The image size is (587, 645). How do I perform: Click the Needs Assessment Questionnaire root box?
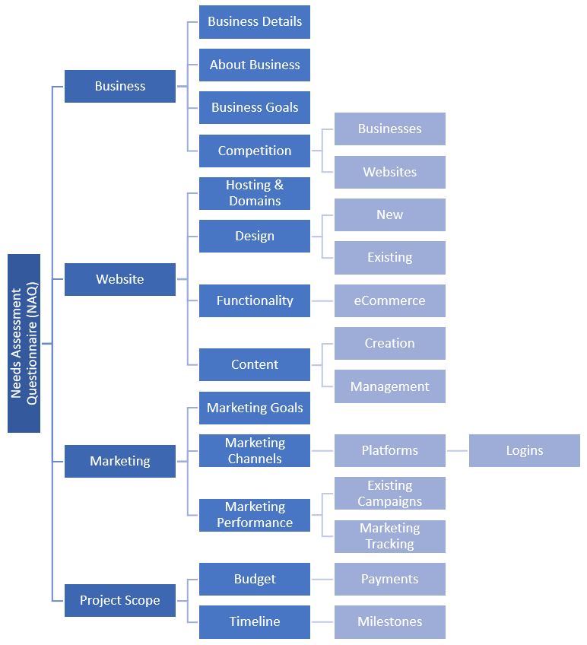click(24, 343)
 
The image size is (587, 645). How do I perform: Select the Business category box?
click(120, 86)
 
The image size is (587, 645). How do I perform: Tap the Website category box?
click(120, 279)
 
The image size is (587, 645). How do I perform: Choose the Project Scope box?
click(120, 600)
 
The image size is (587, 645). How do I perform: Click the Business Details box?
click(255, 22)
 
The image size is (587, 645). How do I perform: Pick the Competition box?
click(255, 151)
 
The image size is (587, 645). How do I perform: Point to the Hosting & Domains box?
click(255, 193)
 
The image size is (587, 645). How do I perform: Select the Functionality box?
click(255, 300)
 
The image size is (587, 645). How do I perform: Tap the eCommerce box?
click(389, 300)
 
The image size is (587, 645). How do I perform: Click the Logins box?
click(524, 450)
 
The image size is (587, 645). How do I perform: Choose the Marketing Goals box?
click(255, 408)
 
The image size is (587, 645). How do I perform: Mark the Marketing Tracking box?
click(389, 536)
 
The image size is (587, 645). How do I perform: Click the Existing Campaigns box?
click(389, 493)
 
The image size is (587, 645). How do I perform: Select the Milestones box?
click(389, 621)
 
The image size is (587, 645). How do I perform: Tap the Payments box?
click(389, 579)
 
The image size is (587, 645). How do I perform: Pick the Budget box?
click(255, 579)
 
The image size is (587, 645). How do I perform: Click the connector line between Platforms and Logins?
click(457, 450)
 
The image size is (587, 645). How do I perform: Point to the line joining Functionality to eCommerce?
click(322, 300)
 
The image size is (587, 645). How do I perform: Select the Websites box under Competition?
click(389, 172)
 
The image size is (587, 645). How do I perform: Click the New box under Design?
click(389, 214)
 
